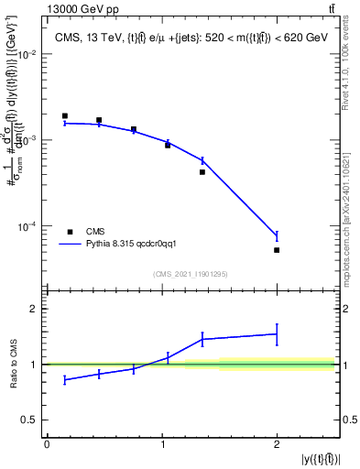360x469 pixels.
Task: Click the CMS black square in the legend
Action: [70, 232]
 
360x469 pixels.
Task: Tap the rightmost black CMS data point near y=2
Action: [277, 250]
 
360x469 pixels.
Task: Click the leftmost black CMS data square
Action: [64, 116]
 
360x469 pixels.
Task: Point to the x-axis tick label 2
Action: [277, 444]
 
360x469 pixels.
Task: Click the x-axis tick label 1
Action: [162, 444]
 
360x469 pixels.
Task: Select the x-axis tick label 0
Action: [47, 444]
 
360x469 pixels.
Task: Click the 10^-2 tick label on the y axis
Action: [28, 55]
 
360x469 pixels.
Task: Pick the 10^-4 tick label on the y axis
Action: [28, 226]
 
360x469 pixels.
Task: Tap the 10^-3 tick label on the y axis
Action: [28, 140]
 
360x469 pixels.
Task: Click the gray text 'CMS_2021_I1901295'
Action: [191, 274]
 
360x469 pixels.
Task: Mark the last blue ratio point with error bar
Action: [277, 334]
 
